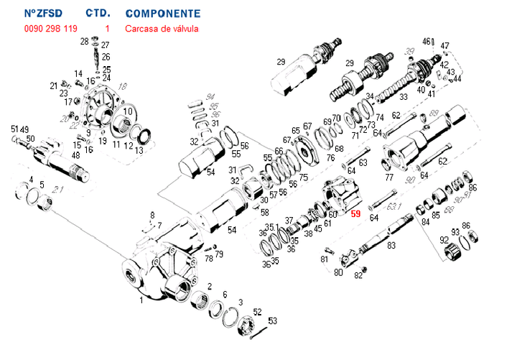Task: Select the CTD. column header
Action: tap(97, 14)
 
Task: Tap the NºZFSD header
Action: tap(42, 14)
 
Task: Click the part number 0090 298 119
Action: tap(51, 29)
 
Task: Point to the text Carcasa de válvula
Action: tap(162, 29)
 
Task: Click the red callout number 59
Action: tap(355, 213)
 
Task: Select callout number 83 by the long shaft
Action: tap(391, 246)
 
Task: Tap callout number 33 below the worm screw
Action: tap(404, 97)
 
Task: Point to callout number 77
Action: tap(389, 177)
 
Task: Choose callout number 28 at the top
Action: tap(84, 41)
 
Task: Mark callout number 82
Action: tap(358, 275)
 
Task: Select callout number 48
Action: tap(75, 155)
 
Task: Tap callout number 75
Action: tap(303, 177)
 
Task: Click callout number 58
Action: tap(265, 212)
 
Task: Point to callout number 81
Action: tap(324, 259)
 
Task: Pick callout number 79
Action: tap(219, 254)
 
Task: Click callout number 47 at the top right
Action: tap(445, 46)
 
